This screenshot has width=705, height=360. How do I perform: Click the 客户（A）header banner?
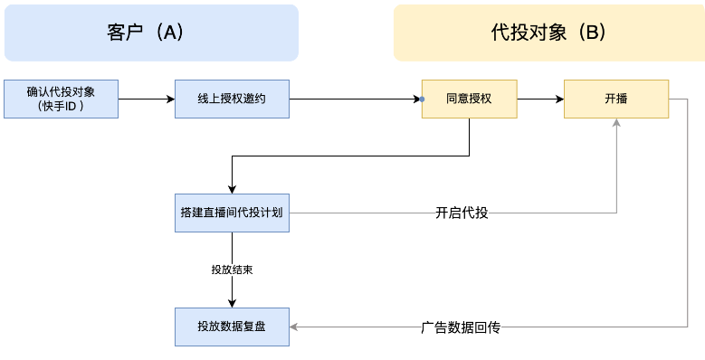pyautogui.click(x=151, y=33)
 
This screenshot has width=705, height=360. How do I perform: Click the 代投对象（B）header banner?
pyautogui.click(x=548, y=33)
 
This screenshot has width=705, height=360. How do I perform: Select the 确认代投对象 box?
pyautogui.click(x=62, y=99)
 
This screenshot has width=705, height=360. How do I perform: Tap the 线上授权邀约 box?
pyautogui.click(x=232, y=99)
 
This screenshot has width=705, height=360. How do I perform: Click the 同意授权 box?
pyautogui.click(x=469, y=99)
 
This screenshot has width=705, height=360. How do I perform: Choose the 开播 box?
pyautogui.click(x=616, y=99)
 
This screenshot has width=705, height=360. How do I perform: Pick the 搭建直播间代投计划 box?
pyautogui.click(x=232, y=213)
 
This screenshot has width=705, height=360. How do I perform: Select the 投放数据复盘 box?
pyautogui.click(x=232, y=327)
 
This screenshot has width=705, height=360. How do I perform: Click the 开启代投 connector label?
pyautogui.click(x=462, y=213)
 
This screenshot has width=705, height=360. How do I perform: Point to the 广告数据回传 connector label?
pyautogui.click(x=461, y=327)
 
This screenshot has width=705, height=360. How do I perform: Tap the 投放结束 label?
pyautogui.click(x=232, y=270)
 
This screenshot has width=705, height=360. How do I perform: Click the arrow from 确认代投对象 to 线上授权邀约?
pyautogui.click(x=147, y=99)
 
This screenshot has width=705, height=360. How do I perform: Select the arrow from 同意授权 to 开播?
pyautogui.click(x=540, y=99)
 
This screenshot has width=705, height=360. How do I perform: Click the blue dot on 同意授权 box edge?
pyautogui.click(x=423, y=99)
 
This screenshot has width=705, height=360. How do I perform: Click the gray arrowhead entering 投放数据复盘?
pyautogui.click(x=295, y=327)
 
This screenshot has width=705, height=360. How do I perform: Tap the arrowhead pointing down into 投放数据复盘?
pyautogui.click(x=233, y=302)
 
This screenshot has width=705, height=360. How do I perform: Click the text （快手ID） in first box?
pyautogui.click(x=62, y=106)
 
